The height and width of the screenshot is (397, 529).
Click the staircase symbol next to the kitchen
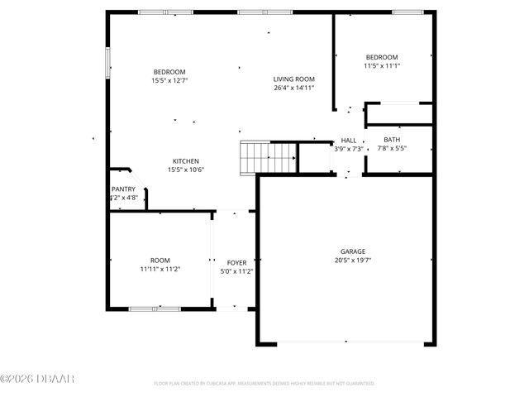(x=268, y=156)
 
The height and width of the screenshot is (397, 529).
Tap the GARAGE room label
(x=353, y=251)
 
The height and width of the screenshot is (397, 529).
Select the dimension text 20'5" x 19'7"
(x=353, y=261)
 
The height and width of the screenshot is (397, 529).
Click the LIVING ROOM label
(x=293, y=79)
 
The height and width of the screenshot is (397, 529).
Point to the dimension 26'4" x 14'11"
(x=293, y=88)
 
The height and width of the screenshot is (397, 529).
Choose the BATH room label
(x=392, y=140)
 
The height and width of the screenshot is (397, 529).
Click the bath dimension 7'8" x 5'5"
(x=392, y=149)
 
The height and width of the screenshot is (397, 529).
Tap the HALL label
(x=348, y=141)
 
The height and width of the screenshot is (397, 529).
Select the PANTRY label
(x=123, y=189)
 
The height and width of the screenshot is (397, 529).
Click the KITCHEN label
(x=185, y=160)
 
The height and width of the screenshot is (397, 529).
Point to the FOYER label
(x=236, y=261)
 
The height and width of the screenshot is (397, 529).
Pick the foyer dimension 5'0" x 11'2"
(x=236, y=270)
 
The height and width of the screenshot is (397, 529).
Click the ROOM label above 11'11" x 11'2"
(x=160, y=260)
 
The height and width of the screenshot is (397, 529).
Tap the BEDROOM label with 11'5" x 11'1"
(x=382, y=57)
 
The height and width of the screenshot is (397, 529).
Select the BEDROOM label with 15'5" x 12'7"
(x=169, y=72)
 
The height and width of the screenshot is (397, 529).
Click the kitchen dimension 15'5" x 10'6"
(x=185, y=170)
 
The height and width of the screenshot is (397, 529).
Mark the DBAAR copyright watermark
(x=37, y=379)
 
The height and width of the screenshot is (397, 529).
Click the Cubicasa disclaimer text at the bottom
(x=264, y=384)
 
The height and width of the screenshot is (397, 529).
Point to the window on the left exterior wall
(x=107, y=63)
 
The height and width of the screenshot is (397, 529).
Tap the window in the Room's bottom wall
(x=155, y=309)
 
